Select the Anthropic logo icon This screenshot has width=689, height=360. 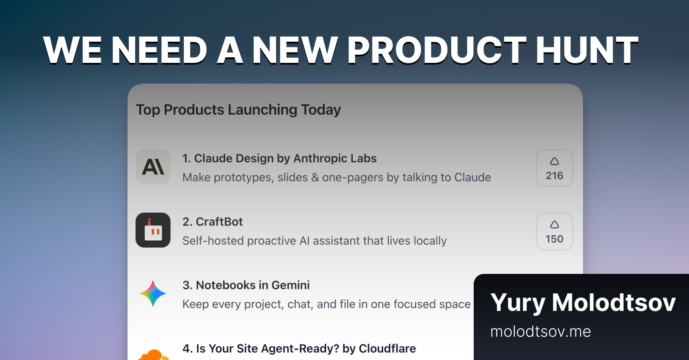click(x=153, y=167)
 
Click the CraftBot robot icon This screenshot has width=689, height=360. click(x=153, y=230)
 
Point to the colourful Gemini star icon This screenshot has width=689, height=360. click(x=153, y=294)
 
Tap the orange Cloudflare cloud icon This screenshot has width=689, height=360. click(x=153, y=355)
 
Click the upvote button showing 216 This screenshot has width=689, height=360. click(x=554, y=168)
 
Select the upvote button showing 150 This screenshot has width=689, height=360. click(x=554, y=232)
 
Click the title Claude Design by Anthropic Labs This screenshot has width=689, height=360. click(x=279, y=158)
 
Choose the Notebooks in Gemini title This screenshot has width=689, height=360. click(x=246, y=285)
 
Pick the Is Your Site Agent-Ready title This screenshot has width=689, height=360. click(x=299, y=348)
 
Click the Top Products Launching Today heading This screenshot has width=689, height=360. click(x=239, y=110)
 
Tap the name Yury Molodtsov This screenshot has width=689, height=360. click(x=583, y=302)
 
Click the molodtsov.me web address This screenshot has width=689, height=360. click(x=540, y=332)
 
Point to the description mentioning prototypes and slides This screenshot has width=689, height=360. click(x=337, y=177)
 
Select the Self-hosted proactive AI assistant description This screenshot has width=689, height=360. click(x=314, y=241)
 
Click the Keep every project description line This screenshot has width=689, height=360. click(x=326, y=304)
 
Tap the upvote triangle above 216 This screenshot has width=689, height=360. click(x=554, y=161)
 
